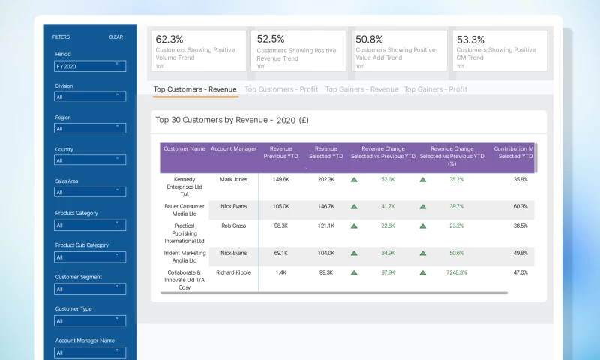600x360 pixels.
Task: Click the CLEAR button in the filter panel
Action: (115, 37)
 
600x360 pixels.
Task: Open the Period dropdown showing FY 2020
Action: (89, 66)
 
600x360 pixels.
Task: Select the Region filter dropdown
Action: (89, 128)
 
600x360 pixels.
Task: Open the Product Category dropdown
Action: (89, 225)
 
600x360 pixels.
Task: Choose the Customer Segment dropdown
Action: (89, 289)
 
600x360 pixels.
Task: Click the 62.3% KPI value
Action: (170, 39)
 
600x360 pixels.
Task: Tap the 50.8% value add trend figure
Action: (370, 39)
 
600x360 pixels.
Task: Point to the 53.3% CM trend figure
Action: (471, 39)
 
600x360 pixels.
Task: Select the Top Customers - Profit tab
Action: (281, 89)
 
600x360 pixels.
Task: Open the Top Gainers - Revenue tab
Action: (361, 89)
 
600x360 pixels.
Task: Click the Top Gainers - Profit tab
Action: (435, 89)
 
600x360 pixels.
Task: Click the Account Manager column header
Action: (234, 149)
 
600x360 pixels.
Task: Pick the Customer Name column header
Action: (184, 149)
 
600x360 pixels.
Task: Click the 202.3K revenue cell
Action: (325, 180)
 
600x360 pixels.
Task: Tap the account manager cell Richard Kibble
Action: (234, 273)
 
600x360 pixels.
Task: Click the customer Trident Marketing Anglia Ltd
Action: (184, 257)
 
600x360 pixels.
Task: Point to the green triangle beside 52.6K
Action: (354, 180)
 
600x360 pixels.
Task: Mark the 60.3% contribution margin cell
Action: (520, 206)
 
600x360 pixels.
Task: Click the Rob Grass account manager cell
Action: (234, 226)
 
